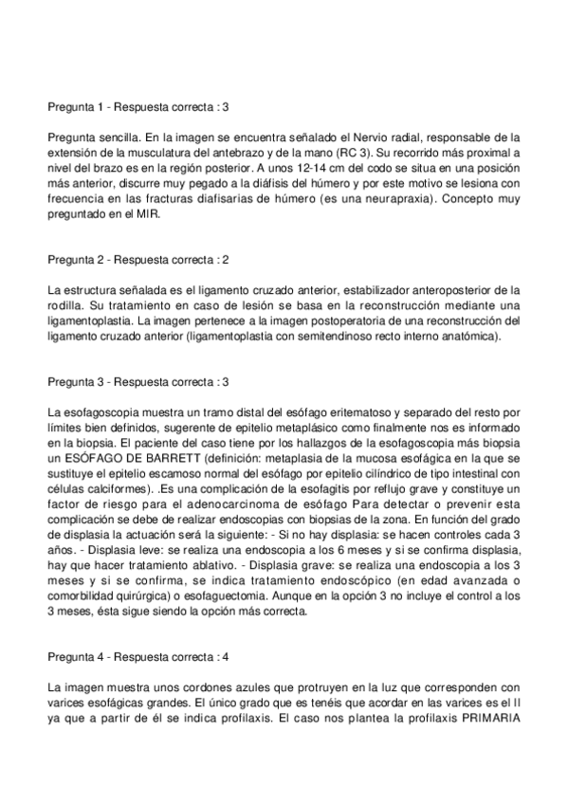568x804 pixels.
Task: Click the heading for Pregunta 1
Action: click(x=137, y=108)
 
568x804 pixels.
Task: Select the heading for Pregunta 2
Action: click(x=137, y=259)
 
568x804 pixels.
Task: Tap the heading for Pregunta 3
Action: click(x=137, y=382)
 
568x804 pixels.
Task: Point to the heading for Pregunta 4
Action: click(x=137, y=656)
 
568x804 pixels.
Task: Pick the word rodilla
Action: click(x=64, y=304)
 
